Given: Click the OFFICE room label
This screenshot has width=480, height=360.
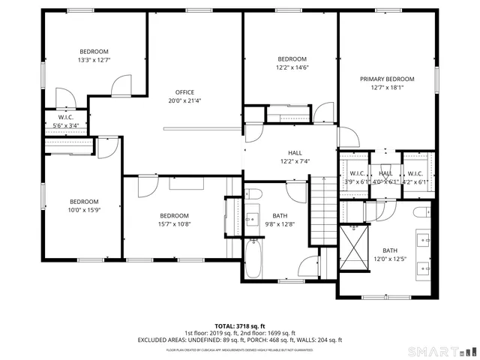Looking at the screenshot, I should coord(184,92).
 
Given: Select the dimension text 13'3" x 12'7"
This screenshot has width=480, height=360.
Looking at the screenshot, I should coord(94,60).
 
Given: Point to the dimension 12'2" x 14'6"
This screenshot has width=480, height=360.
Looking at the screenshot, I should coord(292,67).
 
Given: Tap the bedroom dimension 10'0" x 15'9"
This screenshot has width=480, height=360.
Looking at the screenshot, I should coord(84,209).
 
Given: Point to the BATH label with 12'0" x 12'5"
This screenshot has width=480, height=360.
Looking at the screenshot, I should coord(390,250).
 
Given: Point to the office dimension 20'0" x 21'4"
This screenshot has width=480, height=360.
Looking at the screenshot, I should coord(184,100).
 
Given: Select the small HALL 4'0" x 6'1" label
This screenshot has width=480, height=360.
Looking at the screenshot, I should coord(385,177).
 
